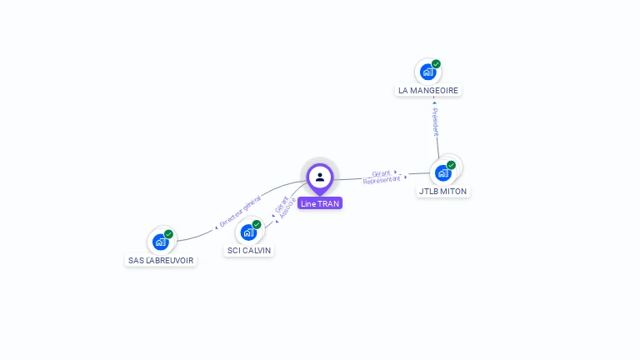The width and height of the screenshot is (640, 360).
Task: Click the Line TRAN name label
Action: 320,203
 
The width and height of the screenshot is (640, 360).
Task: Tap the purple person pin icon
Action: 320,177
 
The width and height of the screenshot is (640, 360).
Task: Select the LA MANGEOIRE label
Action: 428,90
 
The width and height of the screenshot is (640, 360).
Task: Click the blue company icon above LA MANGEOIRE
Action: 427,72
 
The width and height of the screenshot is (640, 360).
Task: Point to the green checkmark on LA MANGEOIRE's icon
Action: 436,64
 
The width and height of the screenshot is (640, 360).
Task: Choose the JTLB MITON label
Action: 443,191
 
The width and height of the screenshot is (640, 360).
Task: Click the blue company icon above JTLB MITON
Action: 442,173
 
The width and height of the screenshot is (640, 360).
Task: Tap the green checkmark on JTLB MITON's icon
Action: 451,165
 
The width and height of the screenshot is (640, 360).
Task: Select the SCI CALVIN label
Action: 249,250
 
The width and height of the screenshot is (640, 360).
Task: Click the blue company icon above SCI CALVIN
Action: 248,232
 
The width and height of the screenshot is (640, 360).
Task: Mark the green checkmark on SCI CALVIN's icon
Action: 257,224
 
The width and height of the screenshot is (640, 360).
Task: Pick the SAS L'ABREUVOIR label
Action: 161,260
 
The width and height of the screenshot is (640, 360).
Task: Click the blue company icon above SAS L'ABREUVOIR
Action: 160,242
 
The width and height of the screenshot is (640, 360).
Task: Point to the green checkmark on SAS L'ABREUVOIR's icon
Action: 168,234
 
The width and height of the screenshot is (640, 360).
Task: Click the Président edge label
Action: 434,122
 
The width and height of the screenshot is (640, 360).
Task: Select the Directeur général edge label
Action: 240,211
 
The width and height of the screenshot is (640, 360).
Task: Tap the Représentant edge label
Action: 382,180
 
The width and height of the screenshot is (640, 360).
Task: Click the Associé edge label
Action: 286,212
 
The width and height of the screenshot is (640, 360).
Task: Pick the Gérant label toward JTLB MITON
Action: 382,173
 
